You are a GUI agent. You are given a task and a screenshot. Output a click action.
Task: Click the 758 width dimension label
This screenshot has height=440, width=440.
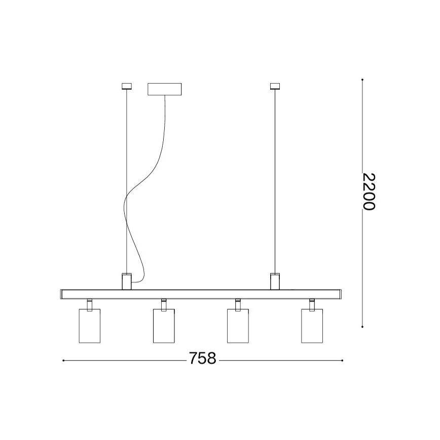[203, 358]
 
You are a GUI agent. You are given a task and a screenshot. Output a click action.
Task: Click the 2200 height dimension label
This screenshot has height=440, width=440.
[369, 192]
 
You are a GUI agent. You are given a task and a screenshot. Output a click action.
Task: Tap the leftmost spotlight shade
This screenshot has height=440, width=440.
[90, 326]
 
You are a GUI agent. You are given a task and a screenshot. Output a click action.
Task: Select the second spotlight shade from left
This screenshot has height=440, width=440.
[164, 326]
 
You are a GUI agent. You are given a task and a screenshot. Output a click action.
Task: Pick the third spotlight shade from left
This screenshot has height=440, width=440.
[238, 326]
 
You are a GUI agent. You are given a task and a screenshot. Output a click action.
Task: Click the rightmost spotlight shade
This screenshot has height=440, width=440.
[312, 326]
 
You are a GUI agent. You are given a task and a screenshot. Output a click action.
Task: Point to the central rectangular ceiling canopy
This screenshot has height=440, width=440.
[164, 90]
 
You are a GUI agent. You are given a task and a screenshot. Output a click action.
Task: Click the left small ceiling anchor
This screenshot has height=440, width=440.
[126, 87]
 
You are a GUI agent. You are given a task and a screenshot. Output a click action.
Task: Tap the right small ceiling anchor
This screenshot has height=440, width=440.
[275, 87]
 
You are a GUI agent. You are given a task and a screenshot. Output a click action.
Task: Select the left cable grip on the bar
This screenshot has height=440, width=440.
[126, 281]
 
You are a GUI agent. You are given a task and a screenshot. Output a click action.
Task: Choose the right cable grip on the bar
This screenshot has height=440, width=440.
[275, 281]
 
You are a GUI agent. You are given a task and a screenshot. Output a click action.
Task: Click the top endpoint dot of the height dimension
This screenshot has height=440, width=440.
[362, 80]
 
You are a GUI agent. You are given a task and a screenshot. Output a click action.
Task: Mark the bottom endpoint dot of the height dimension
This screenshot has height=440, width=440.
[362, 327]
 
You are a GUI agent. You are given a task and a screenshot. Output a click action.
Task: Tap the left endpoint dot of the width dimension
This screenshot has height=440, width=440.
[63, 360]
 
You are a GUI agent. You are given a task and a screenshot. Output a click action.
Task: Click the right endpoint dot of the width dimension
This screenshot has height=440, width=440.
[343, 360]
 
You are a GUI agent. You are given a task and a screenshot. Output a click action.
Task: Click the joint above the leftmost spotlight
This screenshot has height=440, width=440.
[90, 304]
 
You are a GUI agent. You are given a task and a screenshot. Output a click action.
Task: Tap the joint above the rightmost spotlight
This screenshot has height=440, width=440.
[312, 304]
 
